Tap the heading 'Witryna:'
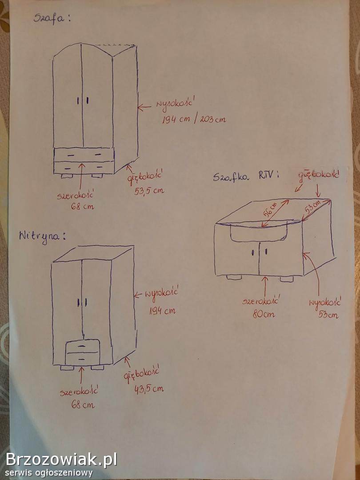[x=42, y=236]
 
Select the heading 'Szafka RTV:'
[x=246, y=176]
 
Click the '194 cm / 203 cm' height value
[x=193, y=120]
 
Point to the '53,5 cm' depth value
[x=149, y=191]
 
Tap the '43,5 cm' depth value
[x=149, y=389]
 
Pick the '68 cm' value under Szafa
[x=82, y=206]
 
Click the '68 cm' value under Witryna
[x=83, y=404]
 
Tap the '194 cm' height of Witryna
[x=162, y=311]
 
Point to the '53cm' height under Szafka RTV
[x=328, y=315]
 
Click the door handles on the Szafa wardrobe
[x=83, y=101]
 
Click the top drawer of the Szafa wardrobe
[x=84, y=155]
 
